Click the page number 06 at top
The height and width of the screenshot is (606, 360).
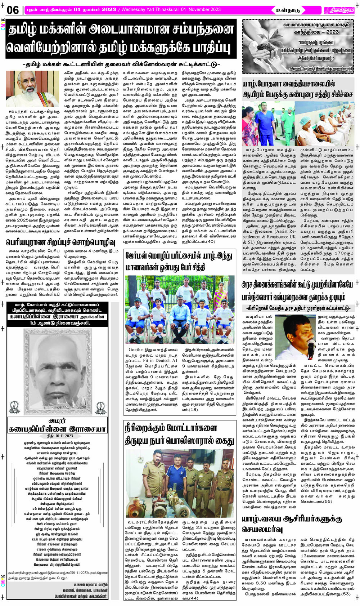(13, 10)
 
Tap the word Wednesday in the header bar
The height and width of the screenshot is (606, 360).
(135, 9)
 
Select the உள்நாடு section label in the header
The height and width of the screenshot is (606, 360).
(288, 10)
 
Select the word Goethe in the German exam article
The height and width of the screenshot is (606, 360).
(136, 349)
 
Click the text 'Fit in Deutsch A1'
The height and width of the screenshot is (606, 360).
(160, 360)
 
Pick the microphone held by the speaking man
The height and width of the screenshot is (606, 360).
(311, 346)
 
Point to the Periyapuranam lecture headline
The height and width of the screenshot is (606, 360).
(60, 242)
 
